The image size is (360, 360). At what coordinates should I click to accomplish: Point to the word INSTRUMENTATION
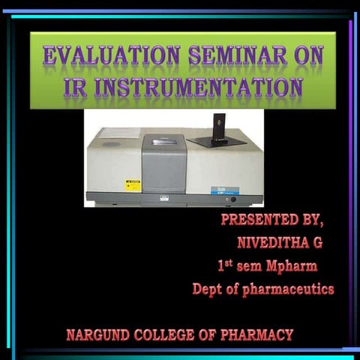[x=196, y=87]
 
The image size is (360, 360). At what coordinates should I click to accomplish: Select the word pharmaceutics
[x=286, y=289]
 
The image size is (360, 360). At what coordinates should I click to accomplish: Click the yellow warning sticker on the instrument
[x=133, y=185]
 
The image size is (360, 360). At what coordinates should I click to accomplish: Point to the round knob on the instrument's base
[x=233, y=199]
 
